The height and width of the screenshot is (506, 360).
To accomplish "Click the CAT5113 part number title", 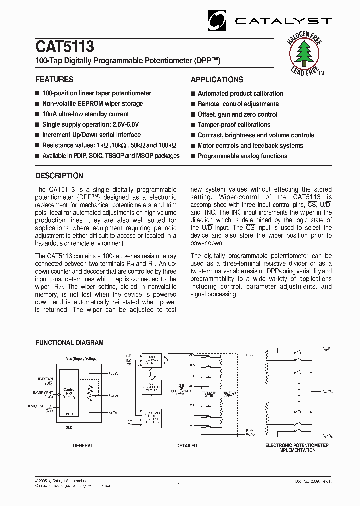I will click(64, 47).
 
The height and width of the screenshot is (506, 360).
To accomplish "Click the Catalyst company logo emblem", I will click(217, 21).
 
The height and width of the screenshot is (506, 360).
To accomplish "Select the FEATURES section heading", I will click(54, 80).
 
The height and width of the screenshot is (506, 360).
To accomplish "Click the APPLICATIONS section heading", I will click(217, 80).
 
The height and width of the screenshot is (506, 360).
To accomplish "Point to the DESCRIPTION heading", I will click(59, 176).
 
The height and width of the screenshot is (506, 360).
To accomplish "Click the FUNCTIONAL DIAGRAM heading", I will click(69, 343).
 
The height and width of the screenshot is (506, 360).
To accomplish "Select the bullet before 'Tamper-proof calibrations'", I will click(193, 125).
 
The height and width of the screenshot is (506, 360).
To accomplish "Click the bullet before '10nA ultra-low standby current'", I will click(37, 115).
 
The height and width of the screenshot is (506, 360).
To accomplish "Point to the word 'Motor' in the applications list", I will click(206, 146).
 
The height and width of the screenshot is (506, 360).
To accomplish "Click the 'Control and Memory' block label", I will click(69, 393).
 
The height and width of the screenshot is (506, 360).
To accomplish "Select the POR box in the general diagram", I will click(69, 414).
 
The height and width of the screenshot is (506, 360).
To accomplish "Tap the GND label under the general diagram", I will click(69, 428).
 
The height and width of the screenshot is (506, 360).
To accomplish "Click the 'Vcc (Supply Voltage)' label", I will click(82, 358).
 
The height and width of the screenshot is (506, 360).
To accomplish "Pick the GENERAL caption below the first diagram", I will click(83, 445).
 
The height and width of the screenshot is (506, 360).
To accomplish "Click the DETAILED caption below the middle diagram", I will click(187, 445).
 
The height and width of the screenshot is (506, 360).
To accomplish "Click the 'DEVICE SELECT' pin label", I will click(40, 406).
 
